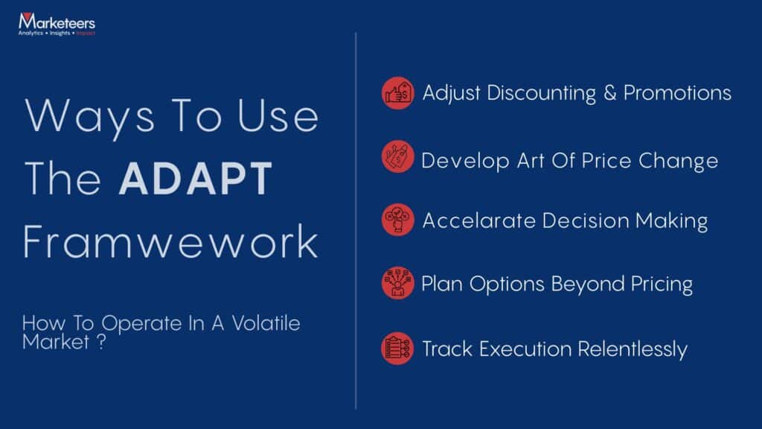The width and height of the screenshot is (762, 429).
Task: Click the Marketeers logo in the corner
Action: coord(57,25)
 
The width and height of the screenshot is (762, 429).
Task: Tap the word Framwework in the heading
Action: coord(170,244)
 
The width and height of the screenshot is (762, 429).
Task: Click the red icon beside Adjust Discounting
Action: coord(398,94)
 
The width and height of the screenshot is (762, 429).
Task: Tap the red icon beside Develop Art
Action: coord(398,158)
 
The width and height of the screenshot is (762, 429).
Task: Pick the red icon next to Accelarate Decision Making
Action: coord(398,220)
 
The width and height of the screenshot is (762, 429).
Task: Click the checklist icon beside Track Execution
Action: coord(398,349)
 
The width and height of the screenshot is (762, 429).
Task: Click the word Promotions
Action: coord(677,93)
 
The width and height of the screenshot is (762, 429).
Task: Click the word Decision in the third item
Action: coord(585,221)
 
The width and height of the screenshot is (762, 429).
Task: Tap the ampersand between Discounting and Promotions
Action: coord(610,93)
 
